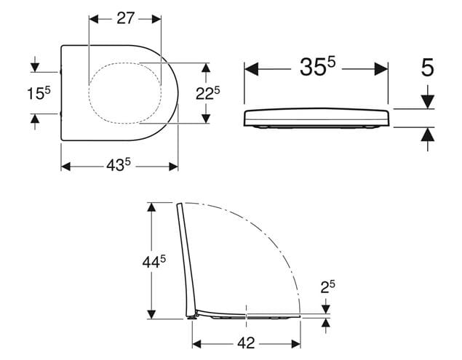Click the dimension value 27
click(x=126, y=18)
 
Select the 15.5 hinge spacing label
click(x=39, y=93)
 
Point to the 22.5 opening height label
click(x=208, y=93)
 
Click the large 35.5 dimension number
click(x=317, y=66)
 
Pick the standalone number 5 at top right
click(x=427, y=68)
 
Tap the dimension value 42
click(x=246, y=343)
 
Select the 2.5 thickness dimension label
click(x=327, y=287)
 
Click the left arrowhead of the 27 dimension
click(x=94, y=19)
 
